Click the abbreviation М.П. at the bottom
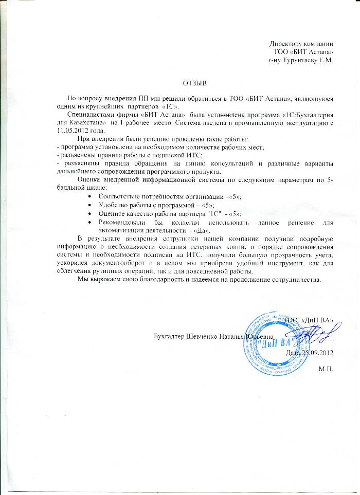click(326, 369)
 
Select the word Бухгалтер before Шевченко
click(171, 337)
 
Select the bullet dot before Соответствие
click(90, 197)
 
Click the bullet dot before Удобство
click(90, 205)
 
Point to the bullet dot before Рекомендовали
click(90, 222)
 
